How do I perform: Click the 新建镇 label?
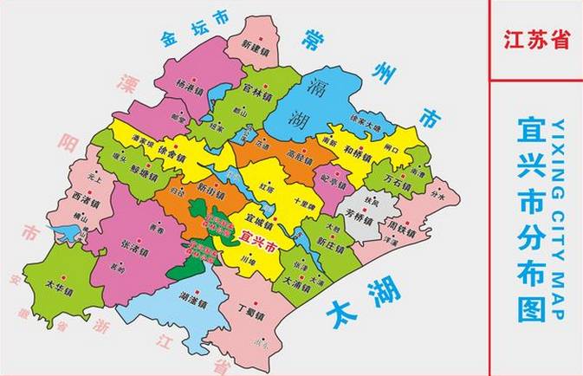(257, 45)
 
